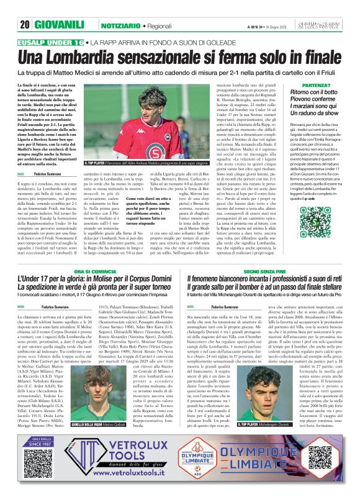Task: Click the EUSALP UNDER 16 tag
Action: coord(52,43)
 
